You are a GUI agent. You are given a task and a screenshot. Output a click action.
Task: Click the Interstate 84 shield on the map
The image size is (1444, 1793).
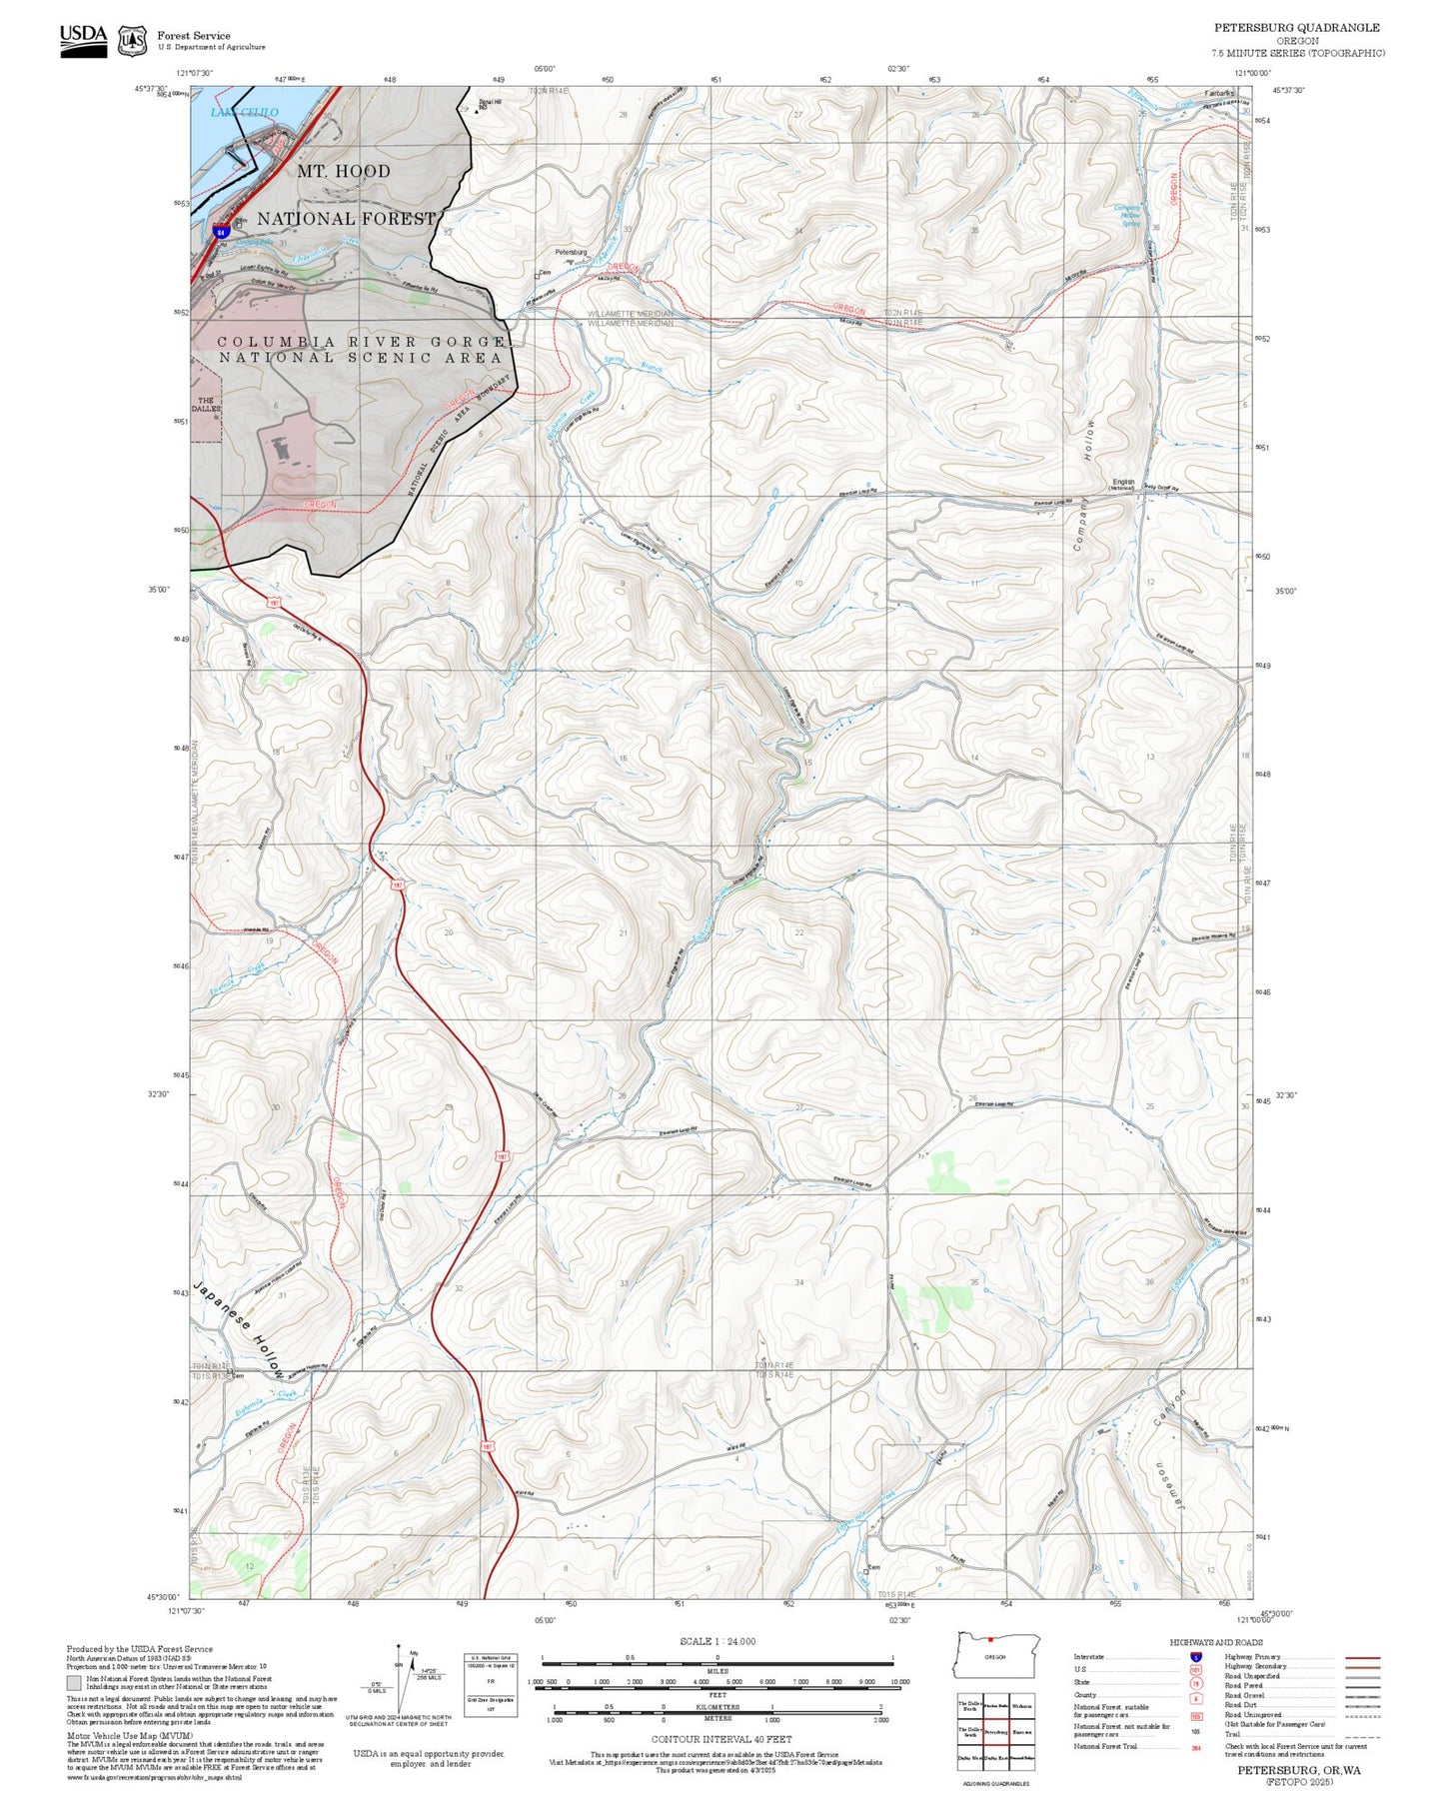[220, 231]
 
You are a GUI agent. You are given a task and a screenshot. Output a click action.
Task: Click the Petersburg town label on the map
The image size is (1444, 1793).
[571, 252]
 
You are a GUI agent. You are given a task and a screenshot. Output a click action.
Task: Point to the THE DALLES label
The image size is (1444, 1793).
[205, 405]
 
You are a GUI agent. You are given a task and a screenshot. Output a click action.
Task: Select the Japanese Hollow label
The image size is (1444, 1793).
[239, 1328]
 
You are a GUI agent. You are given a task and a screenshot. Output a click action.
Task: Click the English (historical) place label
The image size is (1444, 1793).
[1123, 484]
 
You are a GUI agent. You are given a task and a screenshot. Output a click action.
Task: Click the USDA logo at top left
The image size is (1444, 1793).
[83, 38]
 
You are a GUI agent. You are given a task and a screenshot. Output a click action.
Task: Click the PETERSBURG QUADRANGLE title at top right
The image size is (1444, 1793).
[1296, 28]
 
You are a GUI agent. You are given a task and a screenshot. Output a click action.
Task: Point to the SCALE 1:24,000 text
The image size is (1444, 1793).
[717, 1641]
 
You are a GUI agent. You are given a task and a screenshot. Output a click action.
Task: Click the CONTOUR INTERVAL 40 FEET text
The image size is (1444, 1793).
[721, 1740]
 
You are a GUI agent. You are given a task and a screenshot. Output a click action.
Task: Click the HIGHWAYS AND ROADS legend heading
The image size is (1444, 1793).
[1215, 1642]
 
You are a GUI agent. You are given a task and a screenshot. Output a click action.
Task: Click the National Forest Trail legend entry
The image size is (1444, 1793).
[1105, 1746]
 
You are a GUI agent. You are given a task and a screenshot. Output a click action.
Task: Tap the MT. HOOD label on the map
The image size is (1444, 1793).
[344, 171]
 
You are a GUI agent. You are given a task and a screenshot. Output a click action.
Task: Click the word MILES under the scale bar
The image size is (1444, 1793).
[718, 1670]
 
